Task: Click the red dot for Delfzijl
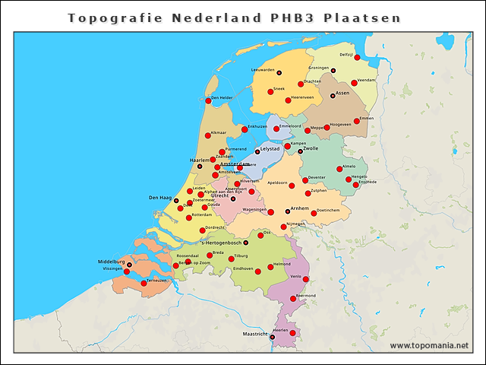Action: click(357, 57)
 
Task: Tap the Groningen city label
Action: click(318, 68)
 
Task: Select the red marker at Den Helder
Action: click(208, 100)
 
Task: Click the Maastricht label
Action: click(254, 334)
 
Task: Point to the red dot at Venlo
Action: click(306, 279)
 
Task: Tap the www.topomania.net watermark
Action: click(429, 346)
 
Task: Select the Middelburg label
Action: click(111, 262)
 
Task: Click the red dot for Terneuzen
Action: click(144, 283)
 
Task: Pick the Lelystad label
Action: click(270, 149)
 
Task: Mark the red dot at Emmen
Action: click(357, 121)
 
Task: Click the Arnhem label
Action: click(300, 208)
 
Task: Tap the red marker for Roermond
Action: click(293, 298)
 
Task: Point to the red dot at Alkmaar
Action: click(207, 135)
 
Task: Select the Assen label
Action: click(342, 94)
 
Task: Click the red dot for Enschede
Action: click(355, 185)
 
